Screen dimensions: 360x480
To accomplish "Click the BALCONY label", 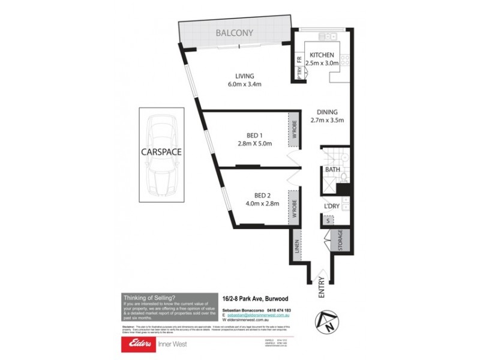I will (x=234, y=34).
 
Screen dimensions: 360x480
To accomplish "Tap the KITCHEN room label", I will (x=322, y=55).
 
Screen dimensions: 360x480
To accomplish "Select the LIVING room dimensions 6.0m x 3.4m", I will (x=244, y=84).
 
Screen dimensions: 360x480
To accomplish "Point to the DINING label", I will (x=328, y=112).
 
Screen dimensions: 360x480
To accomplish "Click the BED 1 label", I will (x=255, y=134).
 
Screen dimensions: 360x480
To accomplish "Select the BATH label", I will (x=332, y=170).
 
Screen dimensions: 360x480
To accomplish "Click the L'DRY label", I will (x=332, y=206).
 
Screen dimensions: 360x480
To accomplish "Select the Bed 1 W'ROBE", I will (x=294, y=130).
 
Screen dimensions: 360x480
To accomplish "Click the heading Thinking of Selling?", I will (x=149, y=297).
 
